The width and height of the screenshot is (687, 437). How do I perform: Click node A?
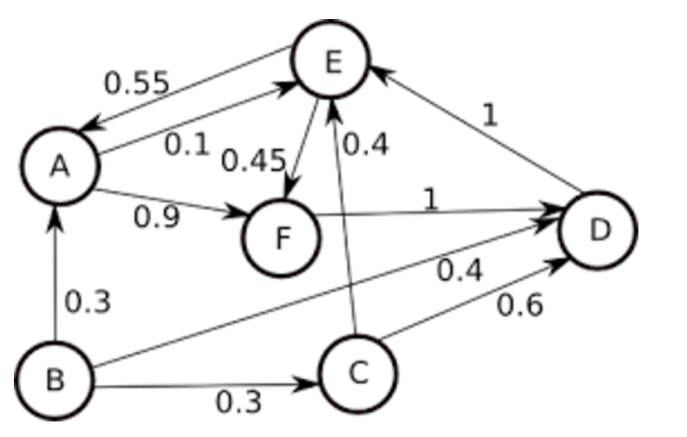click(59, 166)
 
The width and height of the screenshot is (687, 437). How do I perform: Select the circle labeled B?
click(55, 379)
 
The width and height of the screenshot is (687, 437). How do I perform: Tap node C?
click(358, 373)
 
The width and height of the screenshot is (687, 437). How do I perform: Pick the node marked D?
click(599, 230)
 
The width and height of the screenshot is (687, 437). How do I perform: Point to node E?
click(330, 60)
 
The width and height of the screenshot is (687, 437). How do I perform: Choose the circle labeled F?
click(282, 237)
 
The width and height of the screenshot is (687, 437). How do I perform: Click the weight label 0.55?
click(136, 83)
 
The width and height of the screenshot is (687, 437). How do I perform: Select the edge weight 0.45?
click(253, 160)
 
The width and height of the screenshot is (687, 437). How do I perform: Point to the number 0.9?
click(157, 217)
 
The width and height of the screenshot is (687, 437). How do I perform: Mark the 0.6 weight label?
click(520, 305)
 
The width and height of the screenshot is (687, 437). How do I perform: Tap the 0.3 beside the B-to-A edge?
click(88, 303)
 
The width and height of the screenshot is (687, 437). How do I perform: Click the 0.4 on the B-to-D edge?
click(460, 271)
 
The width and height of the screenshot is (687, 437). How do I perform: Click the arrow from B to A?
click(56, 277)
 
